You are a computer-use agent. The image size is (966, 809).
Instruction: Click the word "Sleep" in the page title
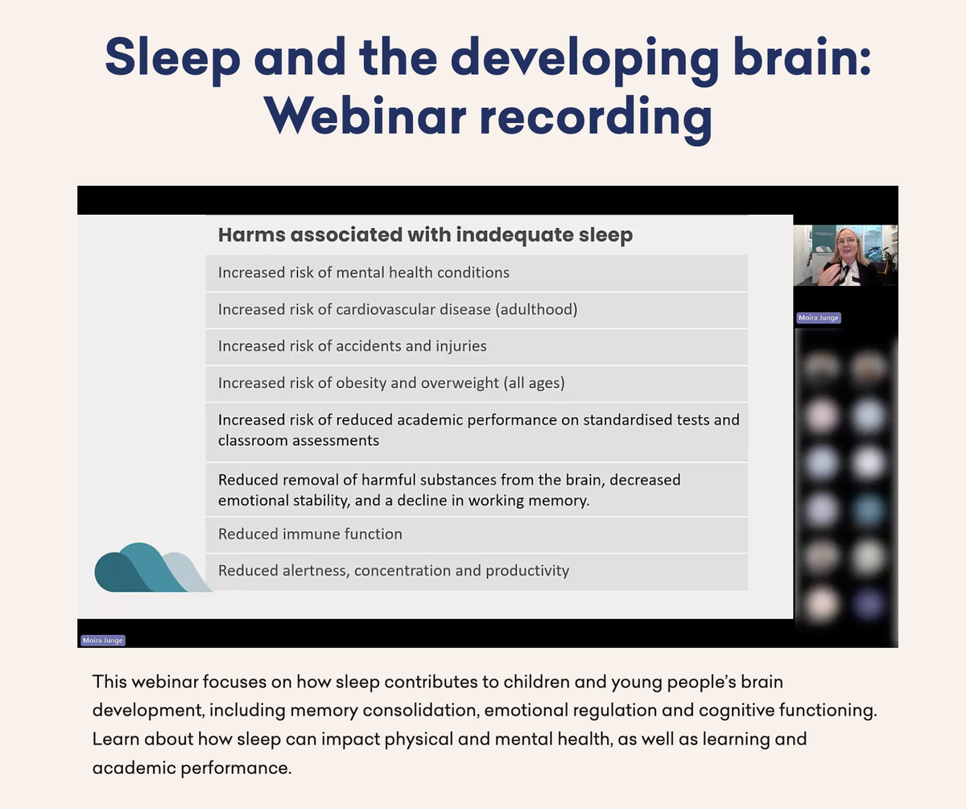(x=172, y=58)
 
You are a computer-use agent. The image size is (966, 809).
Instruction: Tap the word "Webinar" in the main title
(x=365, y=116)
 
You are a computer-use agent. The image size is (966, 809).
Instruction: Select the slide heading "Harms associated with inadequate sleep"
(x=425, y=235)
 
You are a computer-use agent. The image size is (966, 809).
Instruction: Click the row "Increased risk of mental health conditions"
(x=477, y=273)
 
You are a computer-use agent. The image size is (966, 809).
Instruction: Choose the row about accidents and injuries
(x=477, y=346)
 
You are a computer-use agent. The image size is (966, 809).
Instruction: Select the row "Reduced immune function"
(x=477, y=535)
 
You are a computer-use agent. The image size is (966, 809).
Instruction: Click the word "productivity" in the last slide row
(x=527, y=572)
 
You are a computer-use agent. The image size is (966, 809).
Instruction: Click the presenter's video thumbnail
(x=845, y=255)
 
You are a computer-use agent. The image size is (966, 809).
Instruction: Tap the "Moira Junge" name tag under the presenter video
(x=819, y=318)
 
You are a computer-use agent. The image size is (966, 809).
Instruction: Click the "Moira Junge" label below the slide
(x=103, y=640)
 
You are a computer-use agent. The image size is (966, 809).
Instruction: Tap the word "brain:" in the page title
(x=802, y=58)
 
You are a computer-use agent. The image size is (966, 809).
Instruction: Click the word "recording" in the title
(x=597, y=116)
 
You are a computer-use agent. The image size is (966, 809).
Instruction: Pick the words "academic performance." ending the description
(x=192, y=768)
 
